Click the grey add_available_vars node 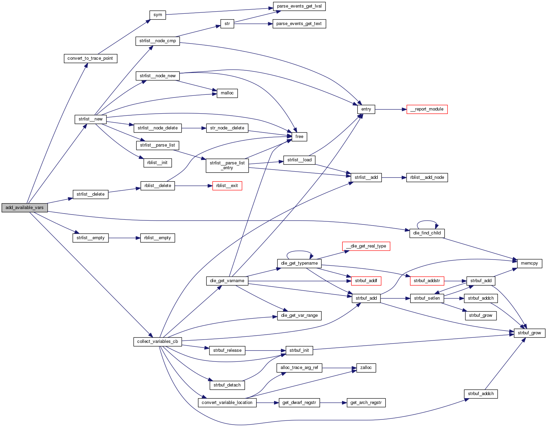click(24, 208)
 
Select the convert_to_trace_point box click(90, 58)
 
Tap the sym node click(158, 15)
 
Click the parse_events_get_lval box click(299, 6)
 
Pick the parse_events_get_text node click(299, 24)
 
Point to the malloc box click(227, 93)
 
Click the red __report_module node click(427, 109)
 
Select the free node click(299, 137)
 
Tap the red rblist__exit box click(227, 186)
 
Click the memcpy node click(529, 263)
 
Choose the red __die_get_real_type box click(366, 246)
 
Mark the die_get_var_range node click(299, 315)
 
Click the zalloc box click(366, 368)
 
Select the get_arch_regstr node click(366, 403)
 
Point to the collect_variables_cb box click(157, 342)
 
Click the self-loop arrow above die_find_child click(427, 221)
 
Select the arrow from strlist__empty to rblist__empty click(124, 238)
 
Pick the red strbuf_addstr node click(427, 281)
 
